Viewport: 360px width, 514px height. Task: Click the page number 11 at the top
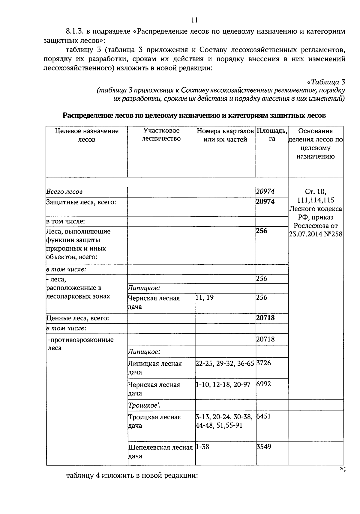(194, 20)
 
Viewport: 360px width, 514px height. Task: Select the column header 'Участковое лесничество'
(161, 135)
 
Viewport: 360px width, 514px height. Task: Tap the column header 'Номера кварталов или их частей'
(225, 135)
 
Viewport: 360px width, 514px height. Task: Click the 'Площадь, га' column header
(272, 135)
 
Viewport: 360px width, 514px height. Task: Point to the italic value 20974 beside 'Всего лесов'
(265, 192)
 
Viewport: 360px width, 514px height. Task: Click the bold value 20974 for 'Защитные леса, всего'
(265, 202)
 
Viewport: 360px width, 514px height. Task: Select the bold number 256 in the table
(262, 231)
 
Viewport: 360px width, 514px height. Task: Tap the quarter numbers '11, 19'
(205, 298)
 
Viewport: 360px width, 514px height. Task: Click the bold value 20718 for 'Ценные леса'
(265, 318)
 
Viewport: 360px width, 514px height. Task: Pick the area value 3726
(263, 363)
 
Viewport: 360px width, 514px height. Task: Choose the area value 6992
(263, 384)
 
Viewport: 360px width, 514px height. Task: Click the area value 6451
(263, 417)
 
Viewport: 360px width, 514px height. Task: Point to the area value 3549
(263, 447)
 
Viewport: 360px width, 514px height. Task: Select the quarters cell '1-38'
(202, 447)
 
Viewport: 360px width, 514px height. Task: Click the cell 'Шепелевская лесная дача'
(160, 452)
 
